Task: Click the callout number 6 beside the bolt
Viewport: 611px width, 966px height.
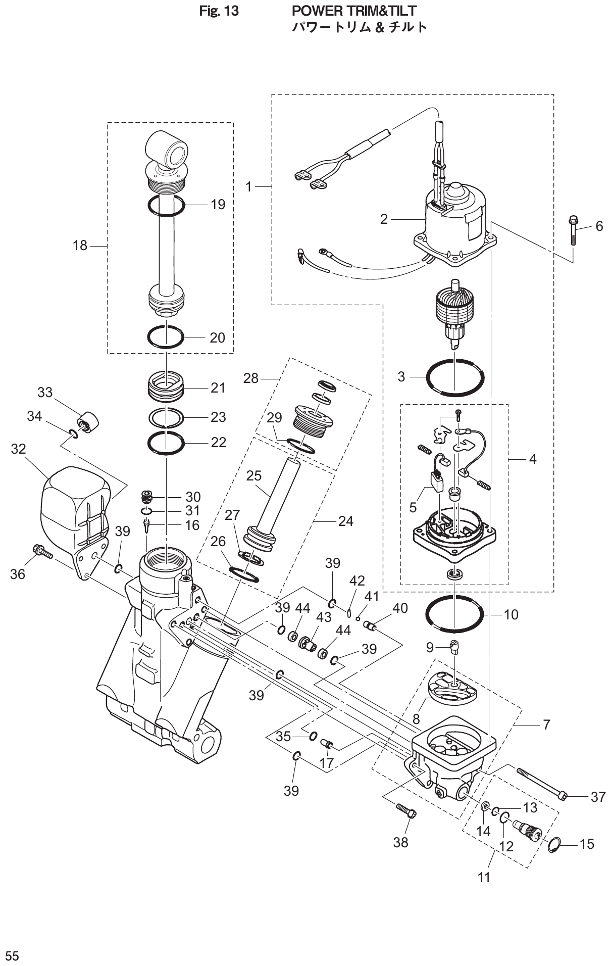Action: tap(599, 226)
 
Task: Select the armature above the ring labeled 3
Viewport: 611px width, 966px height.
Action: tap(454, 312)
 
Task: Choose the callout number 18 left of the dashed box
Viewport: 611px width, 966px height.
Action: tap(80, 246)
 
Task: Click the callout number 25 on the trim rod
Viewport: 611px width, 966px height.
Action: tap(254, 475)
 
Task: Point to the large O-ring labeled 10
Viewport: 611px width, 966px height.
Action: tap(454, 614)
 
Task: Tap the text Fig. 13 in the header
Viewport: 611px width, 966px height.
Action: tap(219, 11)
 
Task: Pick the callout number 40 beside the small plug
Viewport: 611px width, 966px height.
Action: tap(400, 608)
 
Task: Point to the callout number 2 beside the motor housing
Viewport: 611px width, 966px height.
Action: tap(384, 219)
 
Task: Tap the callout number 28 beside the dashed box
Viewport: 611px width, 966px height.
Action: tap(251, 378)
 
